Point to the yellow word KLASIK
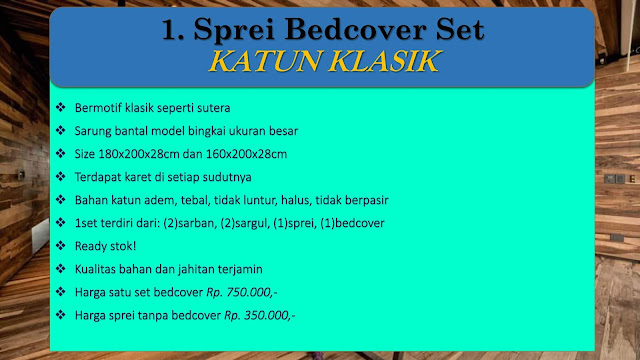coord(384,62)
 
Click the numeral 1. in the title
coord(173,30)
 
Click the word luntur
coord(261,200)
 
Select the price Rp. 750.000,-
coord(242,292)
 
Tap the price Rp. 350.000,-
coord(260,316)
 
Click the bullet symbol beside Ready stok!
coord(60,245)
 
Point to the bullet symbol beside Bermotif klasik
coord(60,107)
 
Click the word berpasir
coord(367,201)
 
